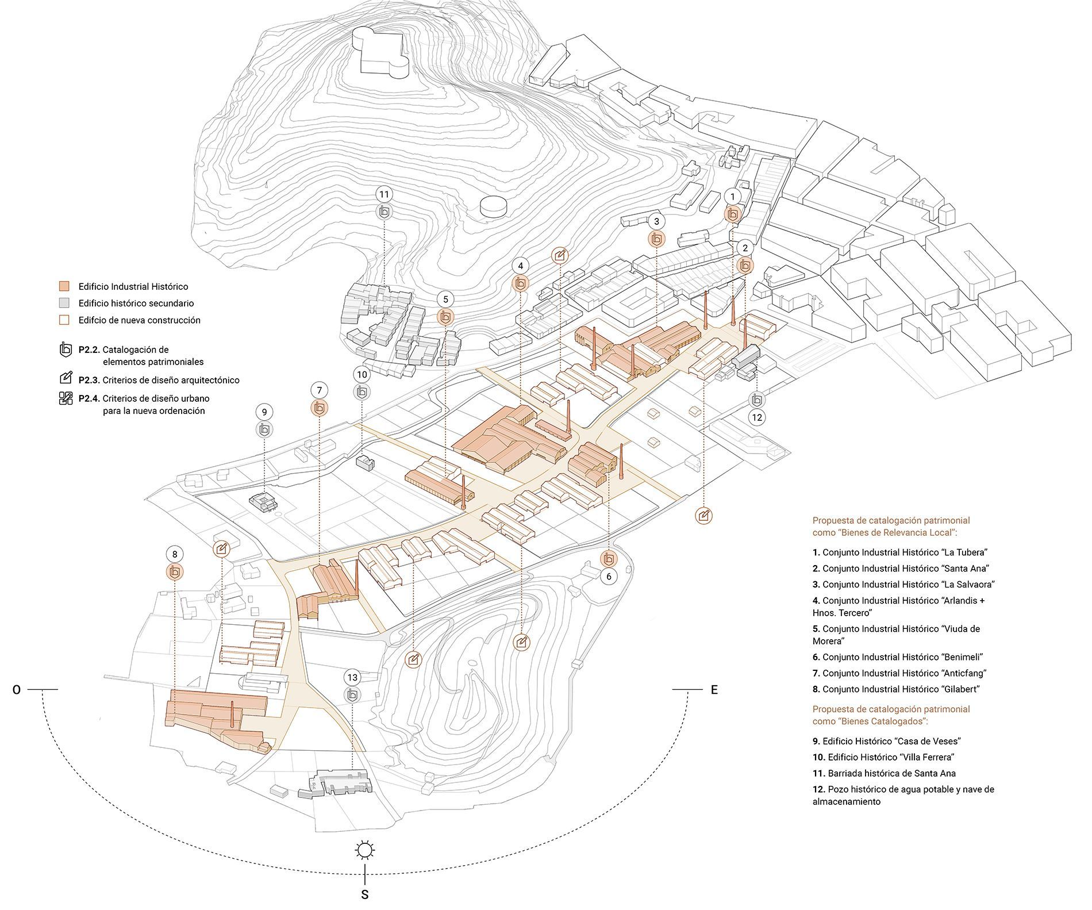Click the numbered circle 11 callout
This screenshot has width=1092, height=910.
tap(384, 194)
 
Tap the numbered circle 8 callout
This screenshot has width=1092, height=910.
tap(174, 554)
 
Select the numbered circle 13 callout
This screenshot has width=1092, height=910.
tap(352, 677)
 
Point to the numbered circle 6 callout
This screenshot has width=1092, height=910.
tap(609, 577)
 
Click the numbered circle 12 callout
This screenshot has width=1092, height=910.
tap(757, 417)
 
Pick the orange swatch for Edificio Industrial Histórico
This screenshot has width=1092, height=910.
tap(65, 286)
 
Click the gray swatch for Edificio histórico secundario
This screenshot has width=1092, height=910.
tap(65, 303)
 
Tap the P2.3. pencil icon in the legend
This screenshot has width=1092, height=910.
tap(66, 378)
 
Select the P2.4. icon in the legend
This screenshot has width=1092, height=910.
tap(66, 398)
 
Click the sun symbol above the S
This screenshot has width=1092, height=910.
tap(364, 850)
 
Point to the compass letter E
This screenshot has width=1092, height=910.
tap(714, 690)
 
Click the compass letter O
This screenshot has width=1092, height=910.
tap(17, 690)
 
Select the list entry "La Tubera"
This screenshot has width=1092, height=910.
tap(899, 552)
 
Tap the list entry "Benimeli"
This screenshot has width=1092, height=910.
tap(898, 657)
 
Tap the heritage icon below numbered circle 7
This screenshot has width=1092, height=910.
tap(319, 408)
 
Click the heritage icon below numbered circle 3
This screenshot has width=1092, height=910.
tap(656, 239)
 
